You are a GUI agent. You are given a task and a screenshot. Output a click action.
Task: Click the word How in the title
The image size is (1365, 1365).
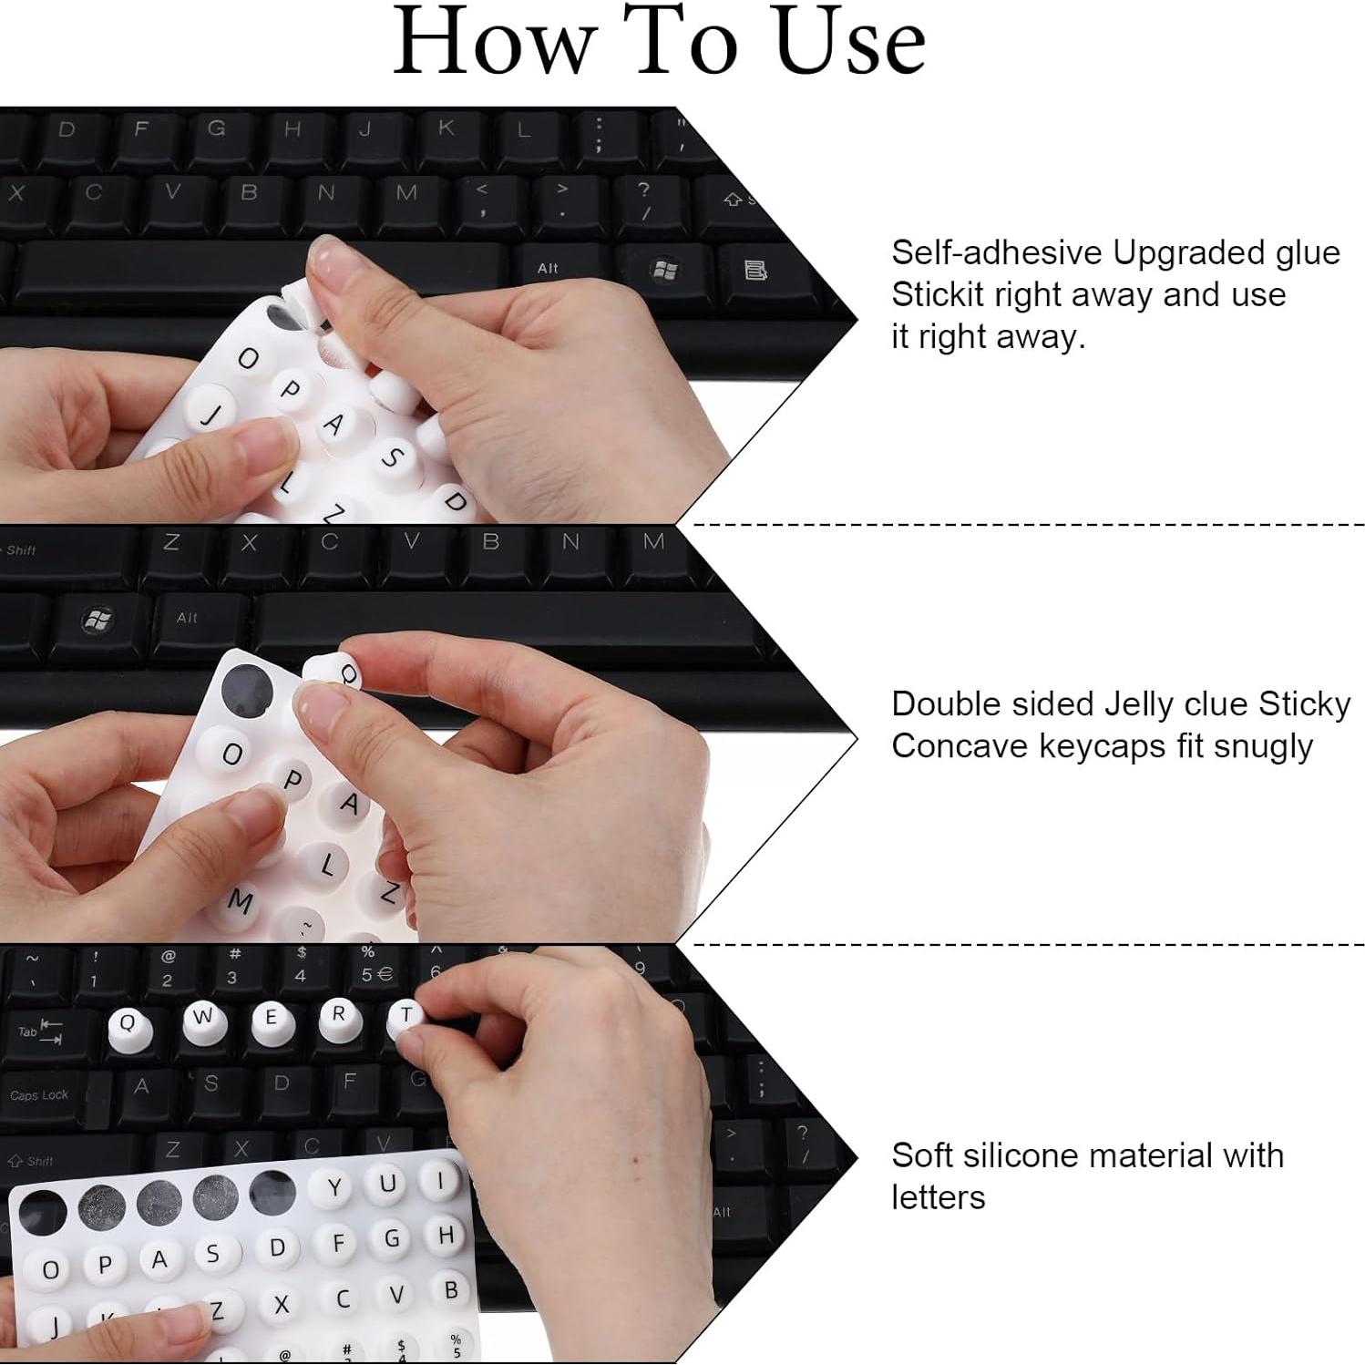492,43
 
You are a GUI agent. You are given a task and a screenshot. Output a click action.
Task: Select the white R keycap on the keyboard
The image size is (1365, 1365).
338,1018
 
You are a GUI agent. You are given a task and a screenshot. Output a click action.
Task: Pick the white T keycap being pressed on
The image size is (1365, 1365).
405,1017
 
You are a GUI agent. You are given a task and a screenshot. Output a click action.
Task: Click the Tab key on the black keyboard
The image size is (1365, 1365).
41,1032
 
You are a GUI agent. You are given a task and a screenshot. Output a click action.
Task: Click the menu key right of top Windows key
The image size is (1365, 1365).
755,271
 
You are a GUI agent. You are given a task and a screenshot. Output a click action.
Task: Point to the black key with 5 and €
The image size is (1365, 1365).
375,971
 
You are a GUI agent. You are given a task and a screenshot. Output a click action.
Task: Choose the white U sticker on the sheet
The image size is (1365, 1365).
387,1184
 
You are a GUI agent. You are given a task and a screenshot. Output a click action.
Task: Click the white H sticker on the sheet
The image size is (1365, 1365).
446,1236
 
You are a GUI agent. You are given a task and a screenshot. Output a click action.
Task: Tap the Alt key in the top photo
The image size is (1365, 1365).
548,268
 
